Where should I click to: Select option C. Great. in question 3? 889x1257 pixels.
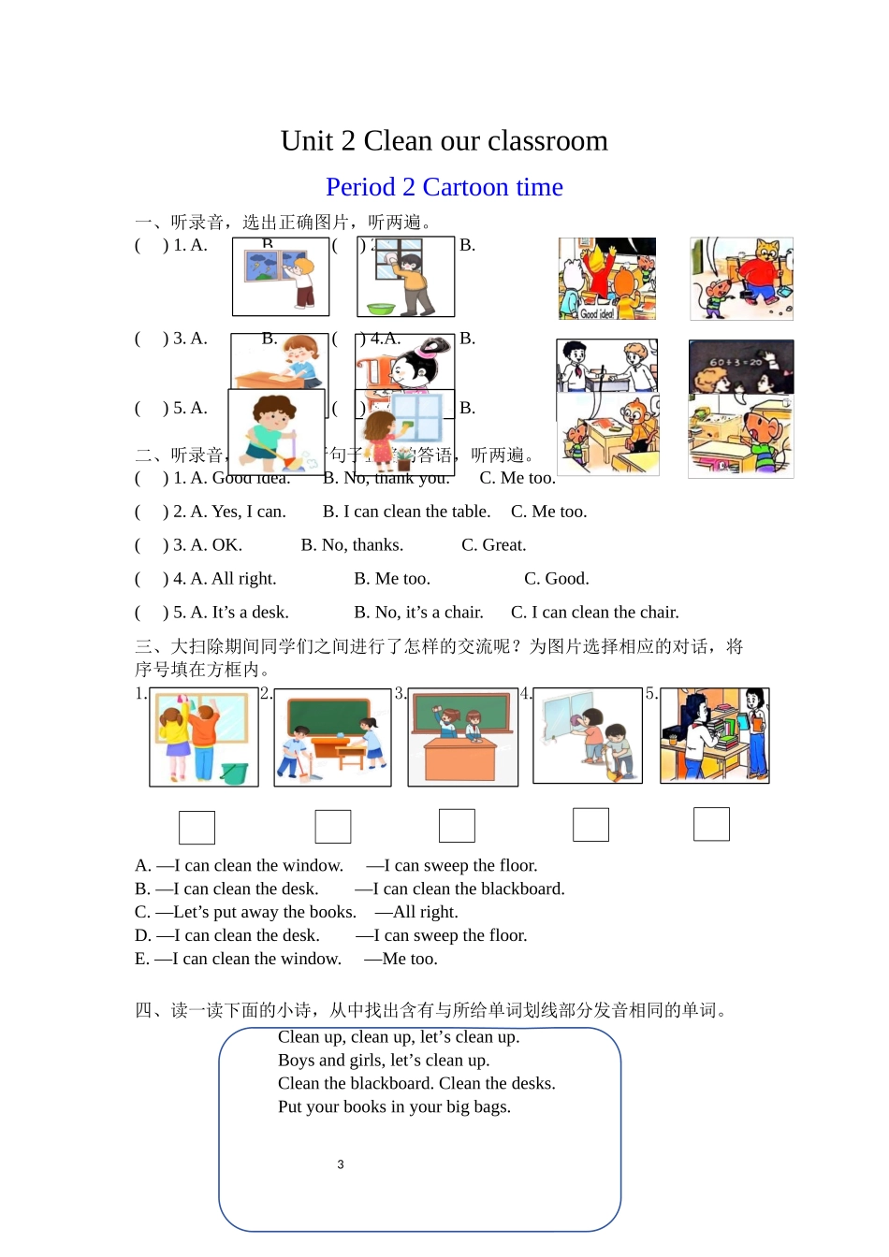[493, 545]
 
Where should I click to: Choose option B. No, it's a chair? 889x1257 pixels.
[418, 613]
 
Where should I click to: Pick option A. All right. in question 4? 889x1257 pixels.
[233, 579]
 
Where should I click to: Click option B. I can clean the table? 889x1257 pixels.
[406, 512]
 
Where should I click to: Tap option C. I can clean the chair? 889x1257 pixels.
[594, 613]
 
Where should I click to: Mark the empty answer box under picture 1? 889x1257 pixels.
[197, 827]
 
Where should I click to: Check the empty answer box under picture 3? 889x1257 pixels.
[457, 826]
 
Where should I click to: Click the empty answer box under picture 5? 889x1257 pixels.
[711, 824]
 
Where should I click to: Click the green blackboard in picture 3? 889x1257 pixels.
[462, 713]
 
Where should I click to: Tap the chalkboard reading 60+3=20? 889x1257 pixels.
[737, 362]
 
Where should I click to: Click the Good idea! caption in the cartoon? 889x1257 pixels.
[595, 313]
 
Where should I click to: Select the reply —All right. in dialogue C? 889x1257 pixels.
[416, 912]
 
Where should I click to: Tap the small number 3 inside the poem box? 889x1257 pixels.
[341, 1164]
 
